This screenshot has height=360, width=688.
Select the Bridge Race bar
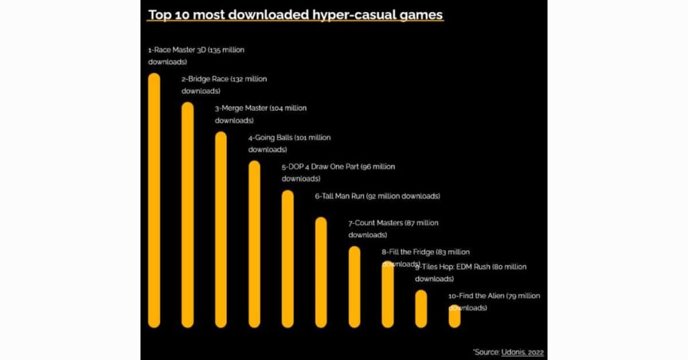pyautogui.click(x=187, y=215)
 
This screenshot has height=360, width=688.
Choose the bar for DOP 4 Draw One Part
pyautogui.click(x=288, y=259)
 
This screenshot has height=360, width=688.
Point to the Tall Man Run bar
pyautogui.click(x=321, y=272)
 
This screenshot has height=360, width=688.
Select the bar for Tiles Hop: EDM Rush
pyautogui.click(x=421, y=309)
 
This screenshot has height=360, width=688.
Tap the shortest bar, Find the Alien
pyautogui.click(x=454, y=317)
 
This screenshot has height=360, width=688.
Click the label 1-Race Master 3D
pyautogui.click(x=177, y=50)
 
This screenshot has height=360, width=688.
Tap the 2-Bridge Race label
pyautogui.click(x=206, y=79)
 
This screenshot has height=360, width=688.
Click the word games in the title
pyautogui.click(x=423, y=14)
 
